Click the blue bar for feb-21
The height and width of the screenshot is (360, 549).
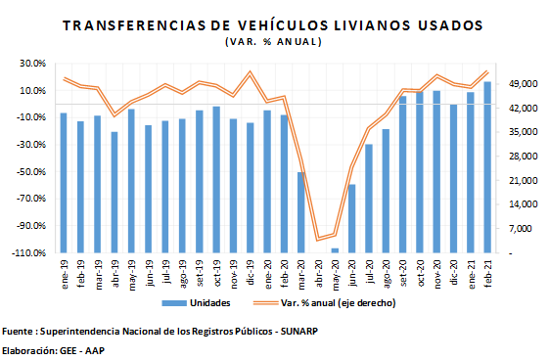(x=487, y=167)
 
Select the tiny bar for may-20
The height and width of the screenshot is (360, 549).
(x=335, y=250)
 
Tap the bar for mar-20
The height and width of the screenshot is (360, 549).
(x=301, y=212)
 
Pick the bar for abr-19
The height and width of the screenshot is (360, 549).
(x=114, y=193)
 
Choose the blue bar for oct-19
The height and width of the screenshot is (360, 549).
(x=216, y=180)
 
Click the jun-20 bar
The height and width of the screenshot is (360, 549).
(x=352, y=219)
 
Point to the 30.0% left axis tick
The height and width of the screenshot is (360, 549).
(x=33, y=64)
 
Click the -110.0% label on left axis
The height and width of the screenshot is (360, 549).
(x=29, y=253)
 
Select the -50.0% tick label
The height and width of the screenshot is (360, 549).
(x=30, y=172)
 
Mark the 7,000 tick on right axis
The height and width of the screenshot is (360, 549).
(x=520, y=229)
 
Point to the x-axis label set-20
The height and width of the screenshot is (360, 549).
(x=402, y=273)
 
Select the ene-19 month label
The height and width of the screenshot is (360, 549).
(x=64, y=274)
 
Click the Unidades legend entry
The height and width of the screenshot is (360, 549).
(x=196, y=303)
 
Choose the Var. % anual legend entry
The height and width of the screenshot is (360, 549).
(x=325, y=303)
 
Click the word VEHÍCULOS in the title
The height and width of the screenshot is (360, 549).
(x=283, y=25)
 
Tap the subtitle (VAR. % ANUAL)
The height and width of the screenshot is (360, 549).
(x=273, y=42)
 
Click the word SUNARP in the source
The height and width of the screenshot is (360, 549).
(x=299, y=331)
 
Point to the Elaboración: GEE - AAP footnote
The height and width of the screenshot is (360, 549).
(x=53, y=350)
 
